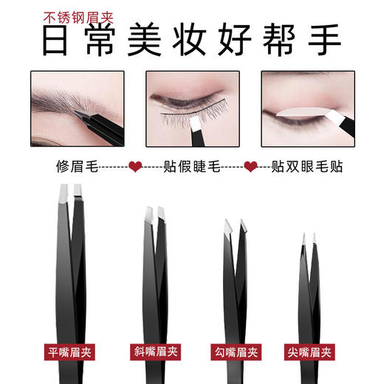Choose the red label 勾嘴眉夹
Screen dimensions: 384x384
[x=234, y=351]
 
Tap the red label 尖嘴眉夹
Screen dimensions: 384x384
[x=314, y=351]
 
